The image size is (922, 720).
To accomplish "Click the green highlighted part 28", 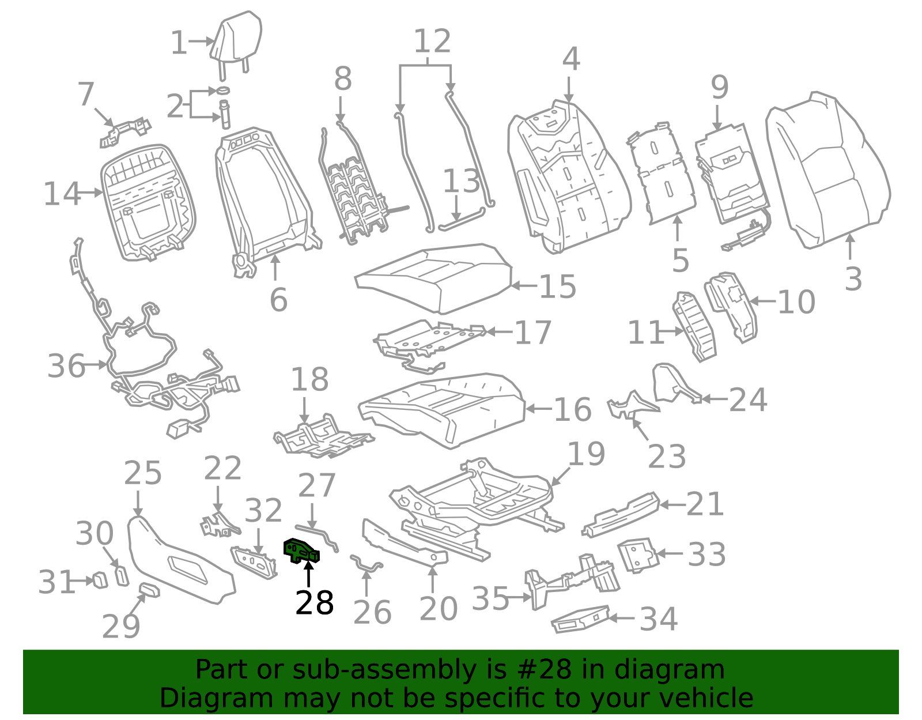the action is [x=301, y=551].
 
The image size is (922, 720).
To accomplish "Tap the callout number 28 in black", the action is [x=315, y=603].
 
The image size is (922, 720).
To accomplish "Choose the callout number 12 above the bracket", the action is [x=432, y=41].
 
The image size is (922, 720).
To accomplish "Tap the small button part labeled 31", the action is [x=101, y=580].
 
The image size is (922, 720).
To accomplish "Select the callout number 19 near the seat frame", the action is [x=586, y=454].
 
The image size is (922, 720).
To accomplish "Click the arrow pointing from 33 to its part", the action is [x=670, y=553].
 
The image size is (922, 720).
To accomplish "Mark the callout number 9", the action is [x=720, y=88].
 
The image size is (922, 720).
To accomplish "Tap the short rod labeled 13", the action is [x=462, y=219].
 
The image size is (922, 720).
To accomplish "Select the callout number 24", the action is [x=748, y=399].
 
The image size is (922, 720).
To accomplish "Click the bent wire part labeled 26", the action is [x=366, y=563].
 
